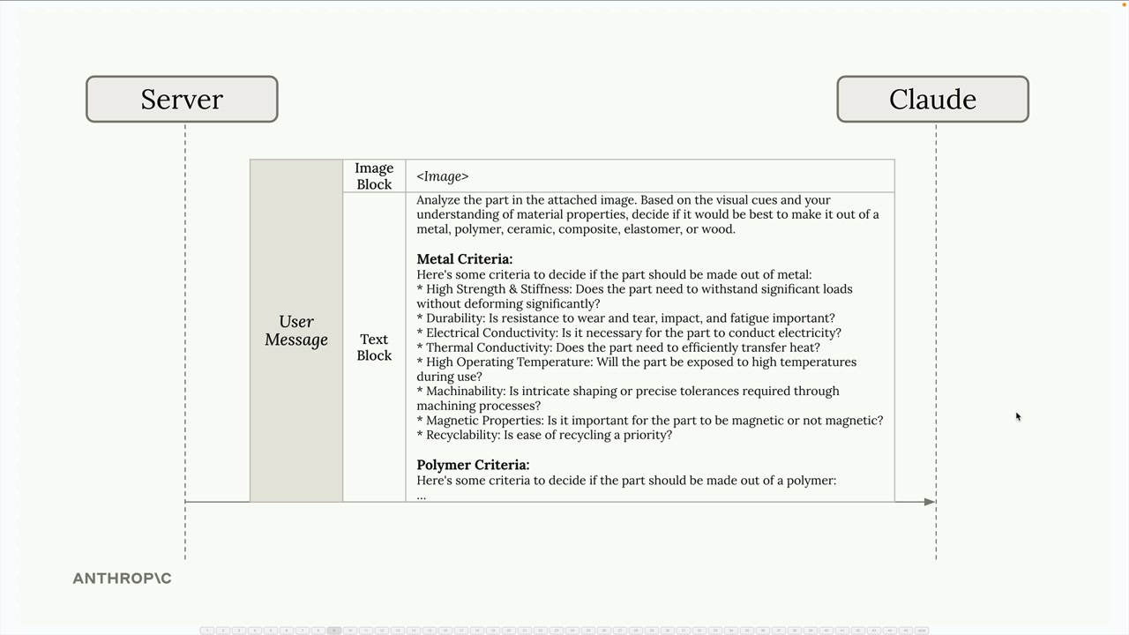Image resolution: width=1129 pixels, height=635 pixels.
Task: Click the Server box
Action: point(182,99)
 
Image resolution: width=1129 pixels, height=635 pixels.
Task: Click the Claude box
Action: point(932,99)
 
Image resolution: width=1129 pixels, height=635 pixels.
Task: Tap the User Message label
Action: point(296,331)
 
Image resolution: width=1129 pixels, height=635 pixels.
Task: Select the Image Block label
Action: point(374,176)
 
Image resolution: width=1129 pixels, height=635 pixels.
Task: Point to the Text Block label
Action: point(374,347)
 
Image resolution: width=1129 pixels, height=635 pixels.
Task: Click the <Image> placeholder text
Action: point(443,176)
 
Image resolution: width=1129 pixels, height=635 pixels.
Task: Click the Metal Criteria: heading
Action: point(464,259)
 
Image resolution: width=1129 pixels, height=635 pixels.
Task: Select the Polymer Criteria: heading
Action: point(473,465)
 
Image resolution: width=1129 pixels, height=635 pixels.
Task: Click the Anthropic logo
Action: point(122,579)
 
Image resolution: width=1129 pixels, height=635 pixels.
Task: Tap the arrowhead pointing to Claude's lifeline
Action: point(929,502)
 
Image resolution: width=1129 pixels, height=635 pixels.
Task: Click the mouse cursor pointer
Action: point(1017,416)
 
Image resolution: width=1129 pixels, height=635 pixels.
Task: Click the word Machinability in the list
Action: point(463,392)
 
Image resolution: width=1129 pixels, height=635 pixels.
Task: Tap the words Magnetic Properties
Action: point(483,421)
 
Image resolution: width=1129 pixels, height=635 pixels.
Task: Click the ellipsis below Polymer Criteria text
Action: point(422,496)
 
